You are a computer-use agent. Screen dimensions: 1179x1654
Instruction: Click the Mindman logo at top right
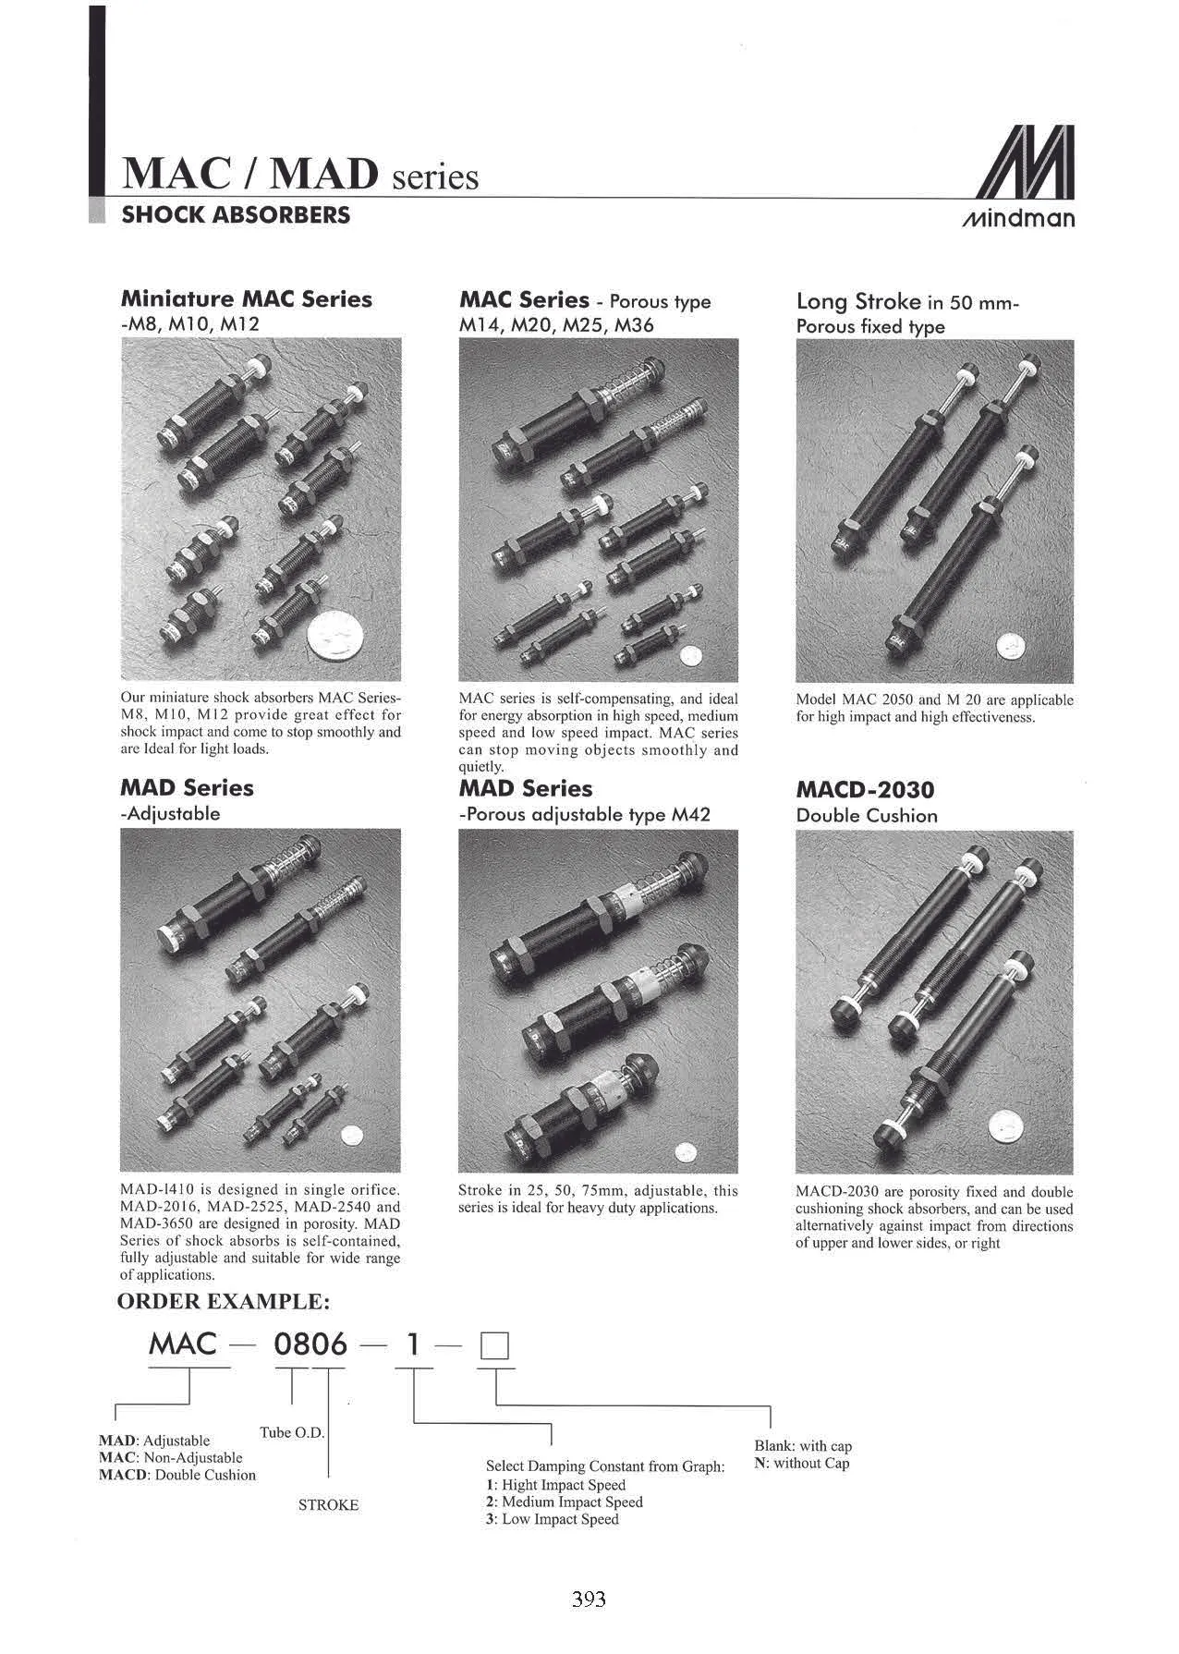click(1018, 176)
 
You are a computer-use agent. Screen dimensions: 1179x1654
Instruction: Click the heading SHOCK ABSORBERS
click(236, 215)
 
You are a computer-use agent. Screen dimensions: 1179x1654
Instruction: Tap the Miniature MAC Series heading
click(247, 299)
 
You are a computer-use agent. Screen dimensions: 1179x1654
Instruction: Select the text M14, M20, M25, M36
click(556, 325)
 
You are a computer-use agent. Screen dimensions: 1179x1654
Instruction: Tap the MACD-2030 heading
click(865, 790)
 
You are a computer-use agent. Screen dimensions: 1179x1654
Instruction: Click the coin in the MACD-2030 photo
click(1007, 1126)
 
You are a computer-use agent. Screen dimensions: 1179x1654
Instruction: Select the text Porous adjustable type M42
click(586, 814)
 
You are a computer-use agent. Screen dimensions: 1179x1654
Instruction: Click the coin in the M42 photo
click(685, 1151)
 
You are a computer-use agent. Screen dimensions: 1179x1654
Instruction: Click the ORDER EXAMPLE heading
click(223, 1302)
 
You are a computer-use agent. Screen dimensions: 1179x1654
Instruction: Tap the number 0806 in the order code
click(310, 1344)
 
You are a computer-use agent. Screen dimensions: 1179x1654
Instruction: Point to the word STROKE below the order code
click(328, 1505)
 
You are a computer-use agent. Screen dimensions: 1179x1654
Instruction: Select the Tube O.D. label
click(292, 1432)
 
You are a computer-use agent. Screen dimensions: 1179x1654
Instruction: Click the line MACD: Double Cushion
click(177, 1475)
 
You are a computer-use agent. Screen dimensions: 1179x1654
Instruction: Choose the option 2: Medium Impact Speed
click(565, 1502)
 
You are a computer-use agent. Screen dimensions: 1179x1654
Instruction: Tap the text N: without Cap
click(802, 1463)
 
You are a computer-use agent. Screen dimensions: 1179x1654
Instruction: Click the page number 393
click(589, 1599)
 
